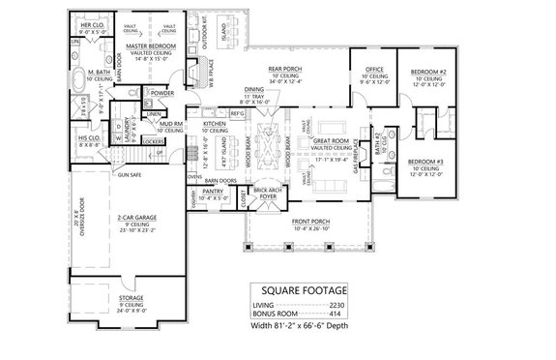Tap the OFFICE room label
(x=374, y=69)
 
